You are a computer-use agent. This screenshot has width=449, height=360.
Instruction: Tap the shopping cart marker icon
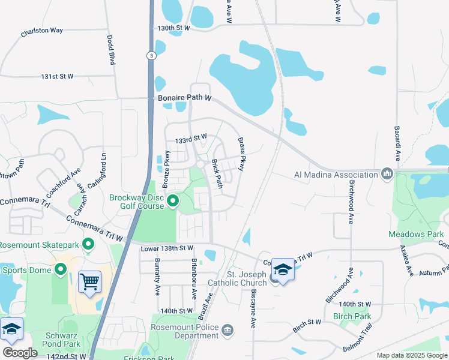89,281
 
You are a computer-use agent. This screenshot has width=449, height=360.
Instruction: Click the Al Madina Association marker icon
387,175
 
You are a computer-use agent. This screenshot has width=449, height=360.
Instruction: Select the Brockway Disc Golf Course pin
173,200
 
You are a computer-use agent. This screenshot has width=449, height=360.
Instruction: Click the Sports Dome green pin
61,269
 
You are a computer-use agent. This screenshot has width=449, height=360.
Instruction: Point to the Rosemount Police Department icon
227,329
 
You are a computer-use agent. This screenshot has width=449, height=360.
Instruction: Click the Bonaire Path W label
185,97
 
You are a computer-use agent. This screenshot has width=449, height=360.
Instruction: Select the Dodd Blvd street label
111,50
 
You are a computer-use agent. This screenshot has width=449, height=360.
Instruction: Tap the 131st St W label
57,76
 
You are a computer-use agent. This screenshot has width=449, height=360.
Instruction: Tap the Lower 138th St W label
167,248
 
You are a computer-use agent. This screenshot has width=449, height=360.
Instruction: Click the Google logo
20,353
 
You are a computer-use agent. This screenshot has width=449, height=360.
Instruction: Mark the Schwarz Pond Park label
62,340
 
